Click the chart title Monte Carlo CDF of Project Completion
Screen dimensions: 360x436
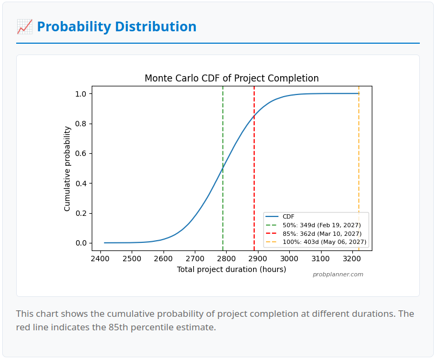231,78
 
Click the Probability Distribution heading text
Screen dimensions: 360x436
117,26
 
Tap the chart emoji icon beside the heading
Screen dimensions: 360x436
24,26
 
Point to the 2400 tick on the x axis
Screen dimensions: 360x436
101,259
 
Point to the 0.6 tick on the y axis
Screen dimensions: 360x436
80,153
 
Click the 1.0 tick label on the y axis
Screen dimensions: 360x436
80,94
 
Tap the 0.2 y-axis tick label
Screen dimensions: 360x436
80,213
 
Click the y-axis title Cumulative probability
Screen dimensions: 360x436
67,168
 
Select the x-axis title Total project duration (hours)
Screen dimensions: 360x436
231,269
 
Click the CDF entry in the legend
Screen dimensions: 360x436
288,216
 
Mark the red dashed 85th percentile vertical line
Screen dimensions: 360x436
254,162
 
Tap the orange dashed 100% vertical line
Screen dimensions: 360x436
359,162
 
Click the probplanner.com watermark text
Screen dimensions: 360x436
338,274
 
